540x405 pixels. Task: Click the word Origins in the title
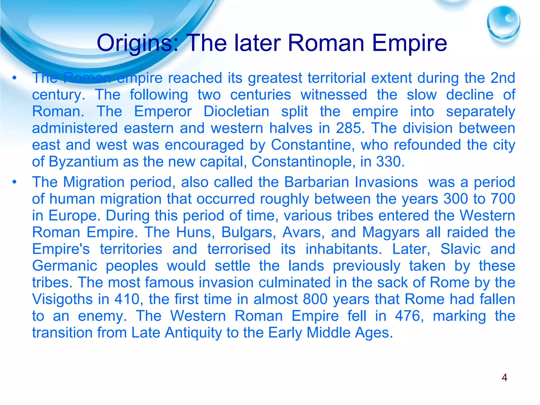[135, 43]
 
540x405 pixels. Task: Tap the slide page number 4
[504, 378]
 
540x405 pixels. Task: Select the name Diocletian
[236, 111]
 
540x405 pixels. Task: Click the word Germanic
[65, 266]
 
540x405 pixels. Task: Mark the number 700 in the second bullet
[503, 199]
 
